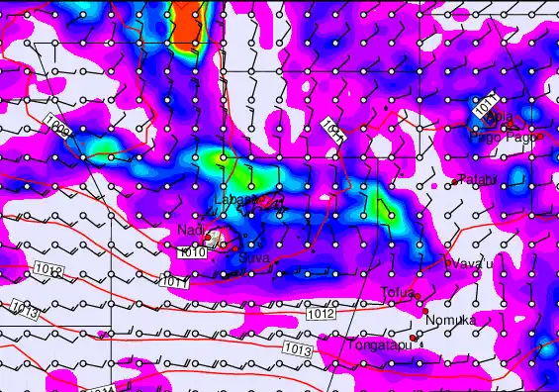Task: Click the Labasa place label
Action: point(234,200)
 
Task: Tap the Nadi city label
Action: point(189,231)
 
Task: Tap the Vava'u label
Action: point(471,263)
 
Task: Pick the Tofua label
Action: point(398,292)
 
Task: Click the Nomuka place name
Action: point(450,320)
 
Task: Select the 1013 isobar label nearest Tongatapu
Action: point(296,350)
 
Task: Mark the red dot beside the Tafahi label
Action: point(454,181)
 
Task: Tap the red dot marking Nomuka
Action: point(425,312)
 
